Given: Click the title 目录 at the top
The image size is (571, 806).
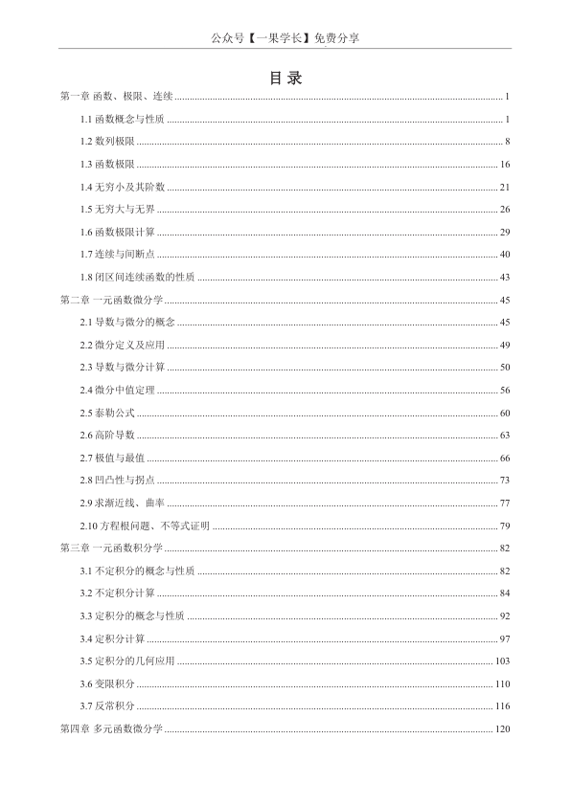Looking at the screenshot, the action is click(x=285, y=78).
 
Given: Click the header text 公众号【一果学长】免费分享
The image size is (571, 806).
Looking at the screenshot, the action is click(x=285, y=38).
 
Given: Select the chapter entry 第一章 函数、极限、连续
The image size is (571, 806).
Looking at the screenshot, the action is click(x=116, y=97).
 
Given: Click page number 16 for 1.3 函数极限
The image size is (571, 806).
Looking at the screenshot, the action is click(x=505, y=165).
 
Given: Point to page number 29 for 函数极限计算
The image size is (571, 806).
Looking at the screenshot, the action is click(x=505, y=232).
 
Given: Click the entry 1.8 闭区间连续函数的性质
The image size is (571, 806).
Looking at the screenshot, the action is click(x=138, y=278).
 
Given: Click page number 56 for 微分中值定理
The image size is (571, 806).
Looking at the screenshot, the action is click(x=505, y=390).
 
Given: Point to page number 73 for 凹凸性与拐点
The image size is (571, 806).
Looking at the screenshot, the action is click(x=505, y=481).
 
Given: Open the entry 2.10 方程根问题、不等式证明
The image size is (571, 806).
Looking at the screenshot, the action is click(x=145, y=526).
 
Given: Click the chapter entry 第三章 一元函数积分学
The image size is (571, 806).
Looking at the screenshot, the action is click(x=111, y=549).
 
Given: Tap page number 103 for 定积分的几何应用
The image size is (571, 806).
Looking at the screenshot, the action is click(x=503, y=661).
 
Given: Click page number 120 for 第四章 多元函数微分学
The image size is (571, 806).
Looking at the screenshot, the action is click(x=503, y=729).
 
